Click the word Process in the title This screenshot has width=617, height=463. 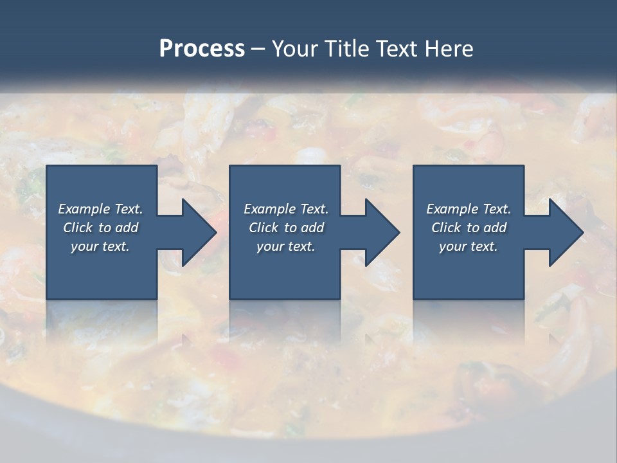pyautogui.click(x=202, y=49)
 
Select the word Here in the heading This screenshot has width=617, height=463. pyautogui.click(x=449, y=49)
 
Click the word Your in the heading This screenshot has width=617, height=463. pyautogui.click(x=295, y=49)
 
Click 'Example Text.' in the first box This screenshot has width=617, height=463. pyautogui.click(x=101, y=209)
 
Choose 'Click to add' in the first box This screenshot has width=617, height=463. pyautogui.click(x=101, y=228)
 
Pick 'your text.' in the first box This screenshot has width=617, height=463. pyautogui.click(x=101, y=246)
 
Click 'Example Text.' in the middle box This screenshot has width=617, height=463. pyautogui.click(x=286, y=209)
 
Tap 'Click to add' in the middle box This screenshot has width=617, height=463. pyautogui.click(x=286, y=228)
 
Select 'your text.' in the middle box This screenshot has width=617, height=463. pyautogui.click(x=286, y=246)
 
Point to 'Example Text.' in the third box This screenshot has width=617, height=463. pyautogui.click(x=469, y=209)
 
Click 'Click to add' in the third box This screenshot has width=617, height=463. pyautogui.click(x=469, y=228)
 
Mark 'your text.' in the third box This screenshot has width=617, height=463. pyautogui.click(x=469, y=246)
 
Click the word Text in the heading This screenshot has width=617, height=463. pyautogui.click(x=392, y=49)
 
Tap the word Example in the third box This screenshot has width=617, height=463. pyautogui.click(x=452, y=209)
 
